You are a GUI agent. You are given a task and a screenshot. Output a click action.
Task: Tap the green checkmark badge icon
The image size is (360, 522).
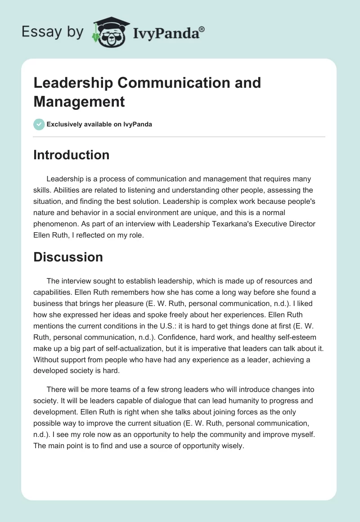click(x=39, y=124)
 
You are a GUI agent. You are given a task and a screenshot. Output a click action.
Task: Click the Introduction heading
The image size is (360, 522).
click(x=72, y=155)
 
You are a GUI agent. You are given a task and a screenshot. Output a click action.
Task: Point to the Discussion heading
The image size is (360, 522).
click(x=68, y=257)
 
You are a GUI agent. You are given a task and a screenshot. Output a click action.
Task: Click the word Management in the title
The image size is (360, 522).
click(x=79, y=101)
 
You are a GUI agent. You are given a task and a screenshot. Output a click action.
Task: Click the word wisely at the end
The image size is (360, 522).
click(x=232, y=433)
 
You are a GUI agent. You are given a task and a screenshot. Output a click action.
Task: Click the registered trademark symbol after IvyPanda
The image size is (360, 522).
click(x=202, y=29)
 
